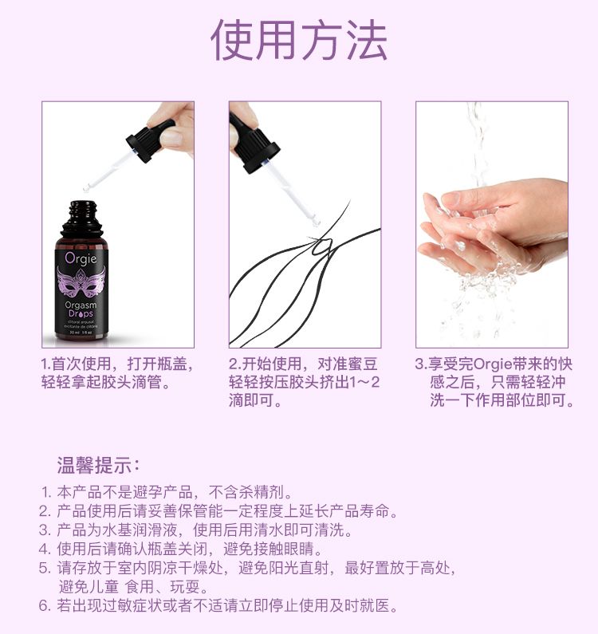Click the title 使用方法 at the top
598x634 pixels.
(x=299, y=40)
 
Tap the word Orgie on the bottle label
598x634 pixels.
(x=81, y=258)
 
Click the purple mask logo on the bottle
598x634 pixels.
(x=81, y=282)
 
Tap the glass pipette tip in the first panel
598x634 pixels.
(x=87, y=189)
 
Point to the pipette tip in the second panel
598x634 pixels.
(x=316, y=222)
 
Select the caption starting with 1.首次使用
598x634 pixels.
(x=117, y=372)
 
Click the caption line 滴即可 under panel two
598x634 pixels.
(x=255, y=400)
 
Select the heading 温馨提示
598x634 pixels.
(x=98, y=466)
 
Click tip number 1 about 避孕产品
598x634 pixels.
(x=167, y=493)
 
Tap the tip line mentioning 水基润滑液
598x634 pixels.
(x=195, y=530)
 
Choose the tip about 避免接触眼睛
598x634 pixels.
(x=181, y=549)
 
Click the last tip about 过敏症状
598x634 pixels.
(x=218, y=606)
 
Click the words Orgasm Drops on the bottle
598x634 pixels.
(x=81, y=309)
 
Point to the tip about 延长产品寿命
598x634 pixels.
(x=218, y=511)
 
